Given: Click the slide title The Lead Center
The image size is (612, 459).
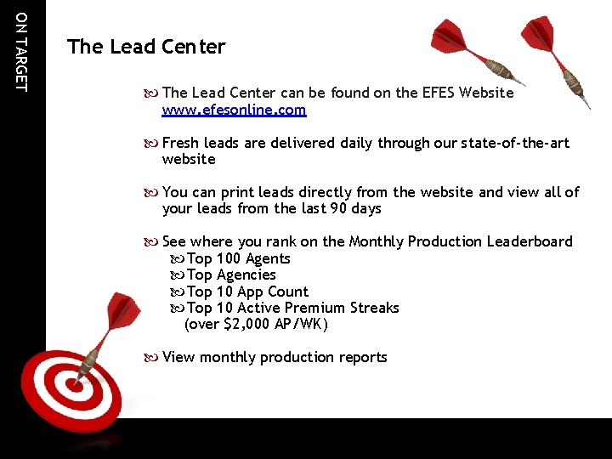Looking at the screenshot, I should [x=146, y=47].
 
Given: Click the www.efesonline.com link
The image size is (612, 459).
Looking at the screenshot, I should [x=234, y=110].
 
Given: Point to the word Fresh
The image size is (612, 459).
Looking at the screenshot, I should [x=181, y=143].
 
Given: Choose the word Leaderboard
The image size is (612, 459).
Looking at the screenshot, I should [x=530, y=241].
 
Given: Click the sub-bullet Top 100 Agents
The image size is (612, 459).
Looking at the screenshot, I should [x=238, y=258].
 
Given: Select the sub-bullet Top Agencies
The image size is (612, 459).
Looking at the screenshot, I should [x=231, y=275].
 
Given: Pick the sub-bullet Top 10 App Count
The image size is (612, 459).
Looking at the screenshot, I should [x=247, y=292].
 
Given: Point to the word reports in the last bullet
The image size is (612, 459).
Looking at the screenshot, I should [x=360, y=357].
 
